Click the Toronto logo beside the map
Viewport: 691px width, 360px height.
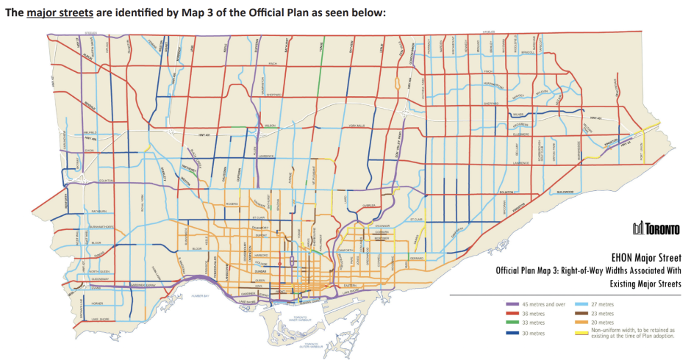(651, 228)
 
